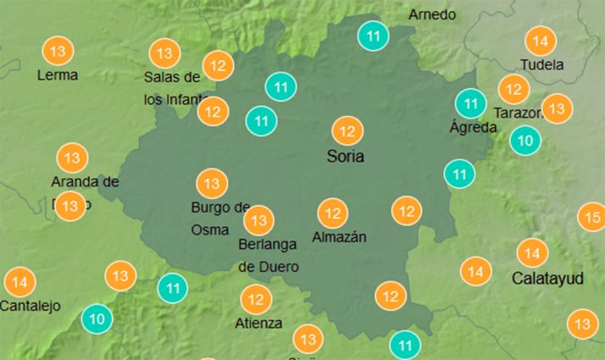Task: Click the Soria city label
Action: pos(346,157)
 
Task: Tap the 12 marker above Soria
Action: pos(347,131)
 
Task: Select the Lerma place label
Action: pos(58,75)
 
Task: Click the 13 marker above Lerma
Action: pos(58,52)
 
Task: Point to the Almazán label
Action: pos(339,237)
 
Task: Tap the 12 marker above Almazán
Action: pos(333,213)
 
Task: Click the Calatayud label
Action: pos(547,278)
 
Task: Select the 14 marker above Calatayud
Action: pos(532,252)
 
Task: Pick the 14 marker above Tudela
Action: pos(540,41)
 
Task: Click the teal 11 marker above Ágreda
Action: pos(469,104)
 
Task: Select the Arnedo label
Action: pos(432,14)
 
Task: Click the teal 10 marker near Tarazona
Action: pos(525,141)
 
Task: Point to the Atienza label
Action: pos(259,323)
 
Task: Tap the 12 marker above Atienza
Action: pos(255,299)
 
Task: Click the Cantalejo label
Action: pos(31,306)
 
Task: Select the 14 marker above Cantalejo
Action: pos(20,282)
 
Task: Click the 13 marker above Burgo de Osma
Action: pos(211,183)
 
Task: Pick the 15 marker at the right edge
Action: pos(591,218)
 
